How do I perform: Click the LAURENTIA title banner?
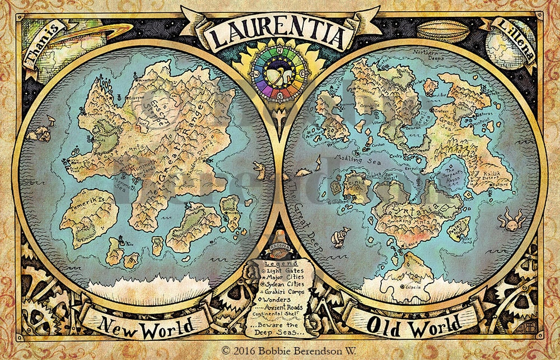coord(278,34)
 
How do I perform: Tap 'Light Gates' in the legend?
coord(284,270)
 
